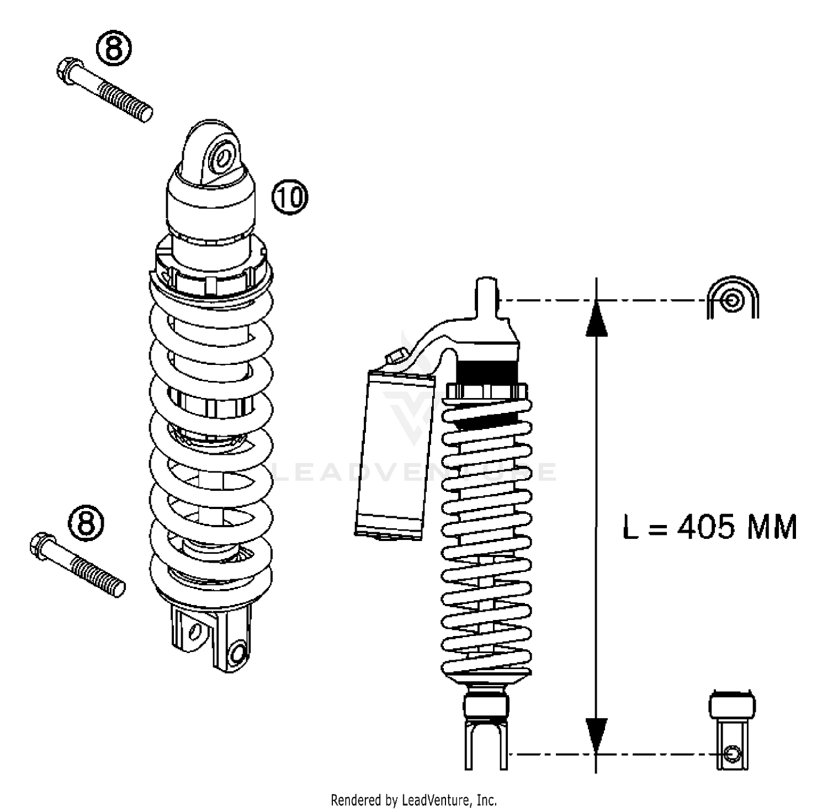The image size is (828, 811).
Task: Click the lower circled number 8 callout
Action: (x=87, y=522)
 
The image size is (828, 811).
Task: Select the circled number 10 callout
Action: (x=290, y=197)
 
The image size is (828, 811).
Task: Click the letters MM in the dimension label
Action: (x=772, y=527)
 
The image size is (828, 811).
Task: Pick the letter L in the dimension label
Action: (x=630, y=527)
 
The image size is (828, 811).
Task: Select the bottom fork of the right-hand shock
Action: (x=486, y=745)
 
